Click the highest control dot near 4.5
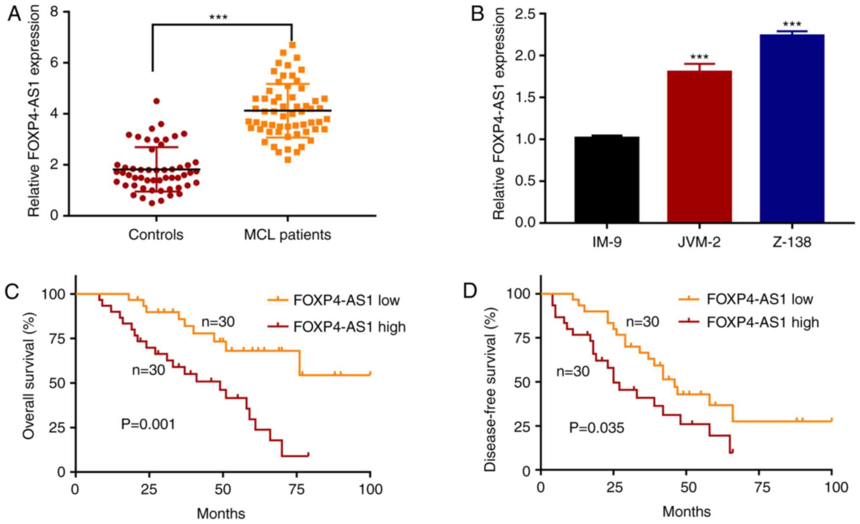(x=156, y=101)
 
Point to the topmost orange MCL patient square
(x=292, y=44)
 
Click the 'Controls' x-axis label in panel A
(x=156, y=234)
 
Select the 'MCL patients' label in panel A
(x=287, y=234)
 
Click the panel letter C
(x=12, y=291)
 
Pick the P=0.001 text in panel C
(x=148, y=424)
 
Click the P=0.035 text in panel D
(x=596, y=428)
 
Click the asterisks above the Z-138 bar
(x=792, y=25)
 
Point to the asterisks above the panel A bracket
(x=218, y=17)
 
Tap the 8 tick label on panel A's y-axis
(x=55, y=12)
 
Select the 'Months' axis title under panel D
(x=686, y=512)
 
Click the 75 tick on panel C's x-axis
(x=296, y=489)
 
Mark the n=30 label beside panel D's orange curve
(x=642, y=322)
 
